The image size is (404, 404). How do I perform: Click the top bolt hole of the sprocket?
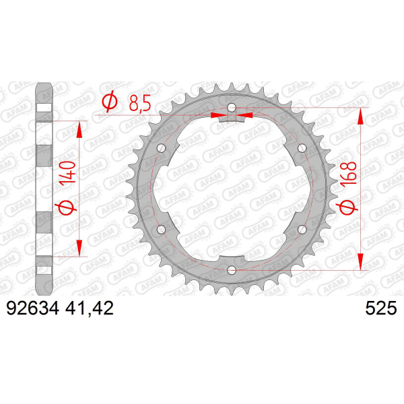tap(232, 108)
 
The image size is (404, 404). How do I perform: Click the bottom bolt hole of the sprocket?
tap(232, 270)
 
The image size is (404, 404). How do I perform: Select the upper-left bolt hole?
tap(162, 148)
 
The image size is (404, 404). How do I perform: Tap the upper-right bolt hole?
tap(302, 148)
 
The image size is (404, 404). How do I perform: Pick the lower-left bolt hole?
tap(162, 230)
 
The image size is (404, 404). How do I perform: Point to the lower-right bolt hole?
tap(302, 230)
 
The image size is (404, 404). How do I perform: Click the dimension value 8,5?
tap(139, 103)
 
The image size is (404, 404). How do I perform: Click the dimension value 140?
tap(67, 172)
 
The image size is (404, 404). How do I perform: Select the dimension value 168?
tap(348, 173)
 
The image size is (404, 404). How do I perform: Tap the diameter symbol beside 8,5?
tap(110, 102)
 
